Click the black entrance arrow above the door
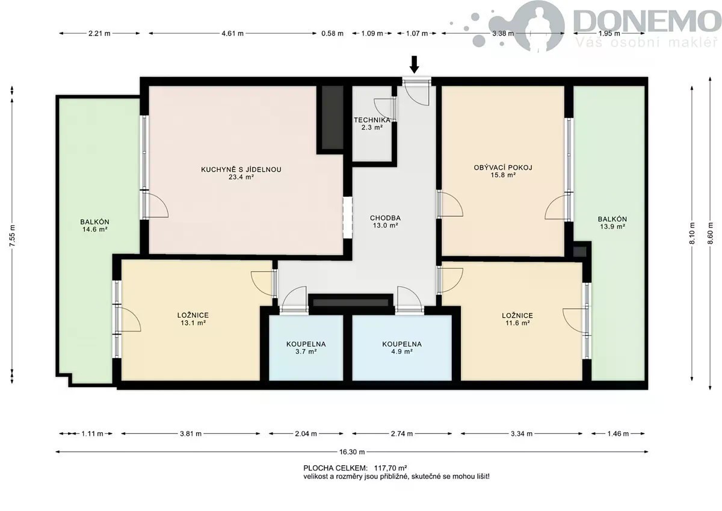[415, 64]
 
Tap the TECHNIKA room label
[372, 120]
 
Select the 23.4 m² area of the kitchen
[241, 177]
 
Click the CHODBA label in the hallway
[385, 218]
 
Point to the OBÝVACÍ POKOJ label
[503, 168]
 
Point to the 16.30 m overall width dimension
[352, 452]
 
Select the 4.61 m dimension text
[232, 33]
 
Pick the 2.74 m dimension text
[402, 433]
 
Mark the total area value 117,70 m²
[390, 468]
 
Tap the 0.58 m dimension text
[332, 33]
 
